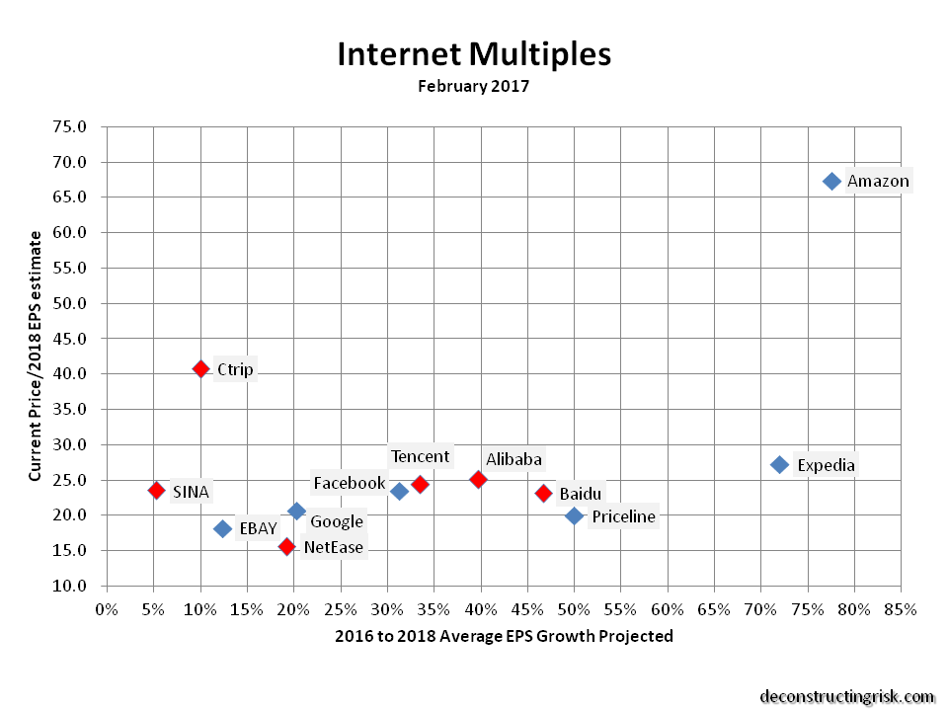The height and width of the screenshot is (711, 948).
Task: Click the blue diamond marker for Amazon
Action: pos(831,181)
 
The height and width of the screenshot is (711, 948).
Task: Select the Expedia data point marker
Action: pos(779,464)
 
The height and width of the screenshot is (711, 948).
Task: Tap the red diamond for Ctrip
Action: pos(200,368)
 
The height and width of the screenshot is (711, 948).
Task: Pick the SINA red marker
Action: pos(156,490)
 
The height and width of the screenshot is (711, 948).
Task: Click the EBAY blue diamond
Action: pos(223,528)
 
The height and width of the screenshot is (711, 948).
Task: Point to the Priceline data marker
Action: pos(574,514)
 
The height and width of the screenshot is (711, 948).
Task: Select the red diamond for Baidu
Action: pos(543,493)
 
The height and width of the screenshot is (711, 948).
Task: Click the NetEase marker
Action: pos(286,546)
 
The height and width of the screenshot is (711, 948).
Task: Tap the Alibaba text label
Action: pos(513,459)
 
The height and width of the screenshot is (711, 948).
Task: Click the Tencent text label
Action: pos(420,456)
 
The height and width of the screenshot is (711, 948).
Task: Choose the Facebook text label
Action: pos(349,483)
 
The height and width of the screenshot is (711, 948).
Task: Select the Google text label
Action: pos(337,521)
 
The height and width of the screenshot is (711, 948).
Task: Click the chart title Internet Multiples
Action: pos(474,53)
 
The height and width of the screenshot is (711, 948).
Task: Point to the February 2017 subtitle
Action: pos(474,86)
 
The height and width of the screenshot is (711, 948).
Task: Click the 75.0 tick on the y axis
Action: pos(68,126)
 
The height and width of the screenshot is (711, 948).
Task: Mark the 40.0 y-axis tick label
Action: pos(68,373)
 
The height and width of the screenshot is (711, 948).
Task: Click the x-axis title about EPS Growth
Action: pos(504,636)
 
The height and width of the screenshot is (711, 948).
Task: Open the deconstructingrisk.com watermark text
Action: pos(846,696)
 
